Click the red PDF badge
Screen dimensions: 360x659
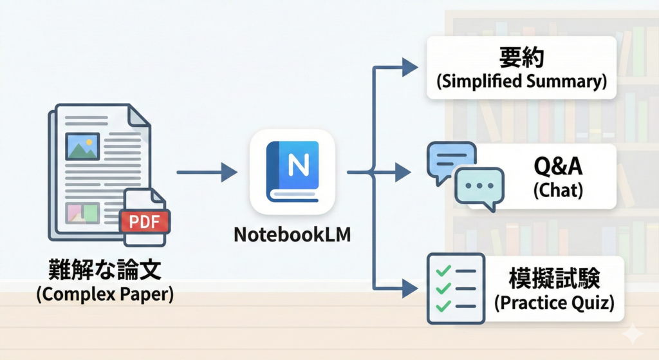(x=145, y=222)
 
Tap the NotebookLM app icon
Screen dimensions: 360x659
(x=292, y=171)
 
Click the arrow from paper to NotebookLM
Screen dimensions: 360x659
(x=206, y=172)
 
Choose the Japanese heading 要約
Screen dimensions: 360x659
(x=521, y=57)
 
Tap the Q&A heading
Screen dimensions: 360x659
(x=558, y=167)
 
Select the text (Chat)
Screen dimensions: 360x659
(x=558, y=190)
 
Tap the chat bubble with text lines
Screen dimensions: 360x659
(x=450, y=160)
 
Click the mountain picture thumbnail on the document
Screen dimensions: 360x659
(x=82, y=146)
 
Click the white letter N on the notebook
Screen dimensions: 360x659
(x=298, y=167)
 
